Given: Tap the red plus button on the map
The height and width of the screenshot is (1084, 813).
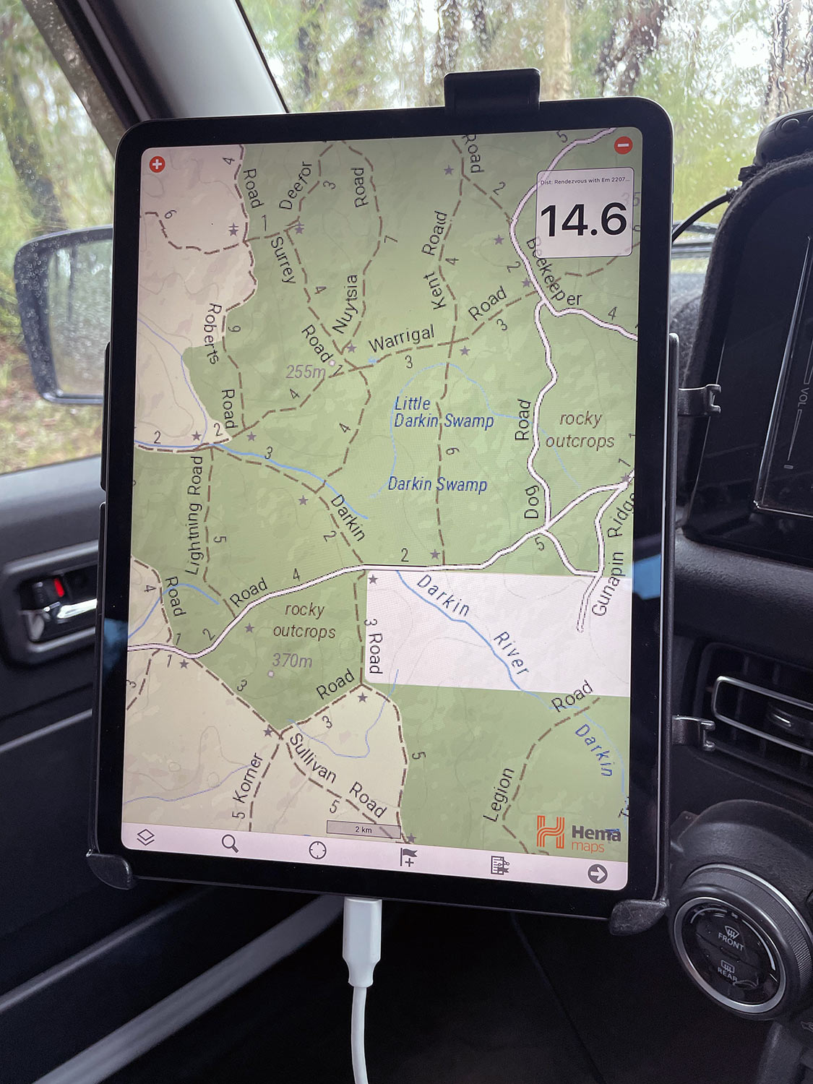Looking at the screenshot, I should [x=157, y=164].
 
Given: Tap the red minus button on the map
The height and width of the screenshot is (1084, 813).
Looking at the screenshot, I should [x=623, y=145].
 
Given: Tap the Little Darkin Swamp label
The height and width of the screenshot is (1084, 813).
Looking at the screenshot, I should [x=443, y=413].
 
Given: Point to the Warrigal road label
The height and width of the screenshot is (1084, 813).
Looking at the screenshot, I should [x=402, y=337].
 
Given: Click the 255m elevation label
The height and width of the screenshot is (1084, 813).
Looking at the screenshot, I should [x=305, y=371].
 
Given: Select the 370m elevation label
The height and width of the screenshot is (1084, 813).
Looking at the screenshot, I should [x=292, y=660].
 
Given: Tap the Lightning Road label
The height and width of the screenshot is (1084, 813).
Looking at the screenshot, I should [x=194, y=515].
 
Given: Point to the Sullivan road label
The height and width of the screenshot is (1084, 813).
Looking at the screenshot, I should [x=313, y=757].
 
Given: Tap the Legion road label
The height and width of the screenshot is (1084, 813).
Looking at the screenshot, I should [x=499, y=794].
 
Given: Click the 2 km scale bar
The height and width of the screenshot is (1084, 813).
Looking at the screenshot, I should [x=363, y=829].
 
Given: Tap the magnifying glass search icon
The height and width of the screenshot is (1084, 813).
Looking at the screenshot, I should [x=230, y=843].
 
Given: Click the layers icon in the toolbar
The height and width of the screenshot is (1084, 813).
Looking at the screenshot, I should [x=146, y=838].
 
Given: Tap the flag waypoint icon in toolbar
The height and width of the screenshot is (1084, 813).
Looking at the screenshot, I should [x=408, y=857].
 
